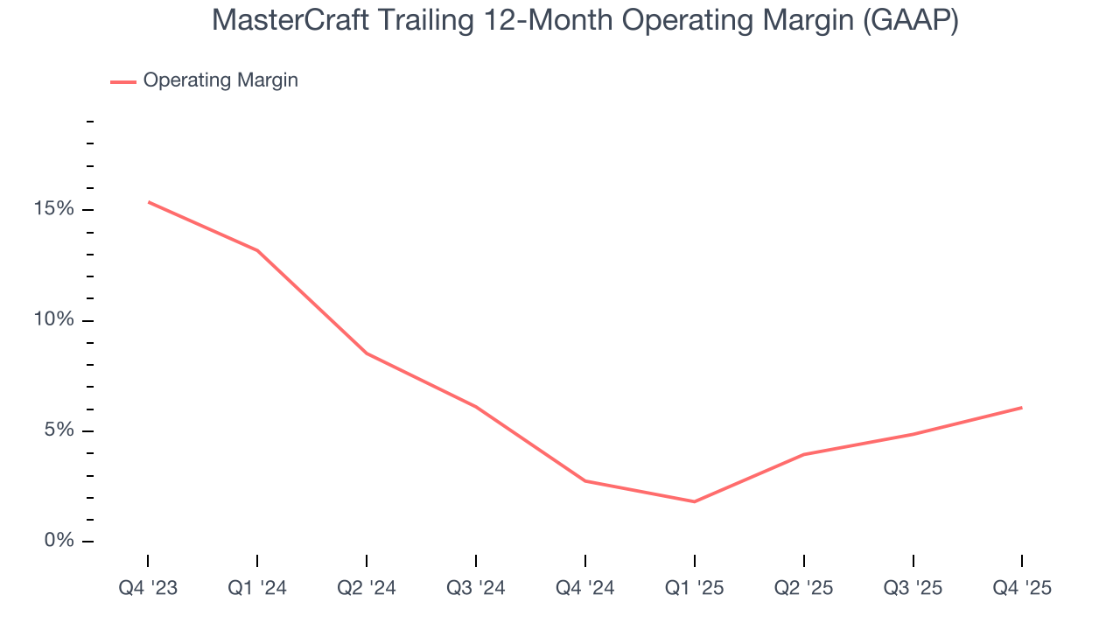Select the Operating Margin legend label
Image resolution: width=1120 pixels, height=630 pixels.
tap(220, 80)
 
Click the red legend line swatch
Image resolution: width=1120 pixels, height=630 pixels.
tap(122, 81)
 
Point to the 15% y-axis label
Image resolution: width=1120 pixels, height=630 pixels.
tap(52, 210)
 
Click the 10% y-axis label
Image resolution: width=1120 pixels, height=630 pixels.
tap(52, 320)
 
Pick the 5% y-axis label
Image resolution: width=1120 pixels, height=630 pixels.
tap(58, 430)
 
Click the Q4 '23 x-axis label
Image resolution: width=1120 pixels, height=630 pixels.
tap(148, 588)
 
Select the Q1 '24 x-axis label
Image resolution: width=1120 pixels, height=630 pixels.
tap(257, 588)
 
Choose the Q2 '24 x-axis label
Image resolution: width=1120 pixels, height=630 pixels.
tap(367, 588)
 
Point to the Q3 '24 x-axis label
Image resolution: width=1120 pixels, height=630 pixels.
tap(476, 588)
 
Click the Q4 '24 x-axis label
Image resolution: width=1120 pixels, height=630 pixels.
tap(585, 588)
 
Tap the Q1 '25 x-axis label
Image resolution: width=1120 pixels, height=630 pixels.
tap(695, 588)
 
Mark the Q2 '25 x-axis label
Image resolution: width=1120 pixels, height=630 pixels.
tap(804, 588)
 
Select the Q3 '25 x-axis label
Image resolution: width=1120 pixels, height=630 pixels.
tap(913, 588)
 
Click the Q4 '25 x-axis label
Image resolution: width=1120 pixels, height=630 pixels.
tap(1022, 588)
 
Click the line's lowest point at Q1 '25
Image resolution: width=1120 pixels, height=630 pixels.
tap(695, 501)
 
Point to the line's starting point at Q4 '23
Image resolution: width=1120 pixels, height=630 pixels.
tap(148, 202)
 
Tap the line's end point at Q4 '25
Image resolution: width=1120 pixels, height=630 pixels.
tap(1022, 407)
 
